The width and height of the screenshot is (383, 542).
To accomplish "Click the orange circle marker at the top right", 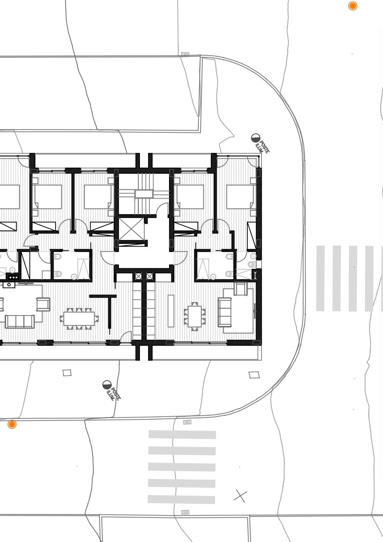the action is (x=353, y=6).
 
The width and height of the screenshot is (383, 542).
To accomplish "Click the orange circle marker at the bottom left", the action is (x=12, y=424).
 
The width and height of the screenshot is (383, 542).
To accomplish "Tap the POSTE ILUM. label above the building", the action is (x=263, y=146).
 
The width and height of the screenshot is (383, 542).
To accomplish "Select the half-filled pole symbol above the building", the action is (x=255, y=138).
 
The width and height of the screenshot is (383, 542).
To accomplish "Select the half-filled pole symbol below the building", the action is (x=107, y=385).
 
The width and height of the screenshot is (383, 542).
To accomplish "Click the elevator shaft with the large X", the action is (x=130, y=228).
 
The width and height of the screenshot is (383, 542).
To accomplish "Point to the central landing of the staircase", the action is (x=144, y=194).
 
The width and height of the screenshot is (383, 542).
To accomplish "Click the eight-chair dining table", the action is (x=79, y=319).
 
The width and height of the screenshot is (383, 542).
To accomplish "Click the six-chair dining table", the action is (x=195, y=316).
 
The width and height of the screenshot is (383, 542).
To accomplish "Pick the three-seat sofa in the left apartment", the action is (x=19, y=321).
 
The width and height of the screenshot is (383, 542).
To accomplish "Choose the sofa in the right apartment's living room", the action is (x=225, y=312).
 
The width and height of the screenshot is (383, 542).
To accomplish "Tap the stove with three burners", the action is (x=13, y=277).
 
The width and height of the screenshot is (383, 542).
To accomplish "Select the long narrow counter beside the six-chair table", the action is (x=171, y=311).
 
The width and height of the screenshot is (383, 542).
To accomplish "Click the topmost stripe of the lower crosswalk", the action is (x=182, y=435).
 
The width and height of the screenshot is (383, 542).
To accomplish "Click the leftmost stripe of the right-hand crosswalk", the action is (x=321, y=278).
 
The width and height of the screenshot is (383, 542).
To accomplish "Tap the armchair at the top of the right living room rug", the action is (x=241, y=289).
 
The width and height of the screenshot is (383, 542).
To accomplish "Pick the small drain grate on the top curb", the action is (x=185, y=54).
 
